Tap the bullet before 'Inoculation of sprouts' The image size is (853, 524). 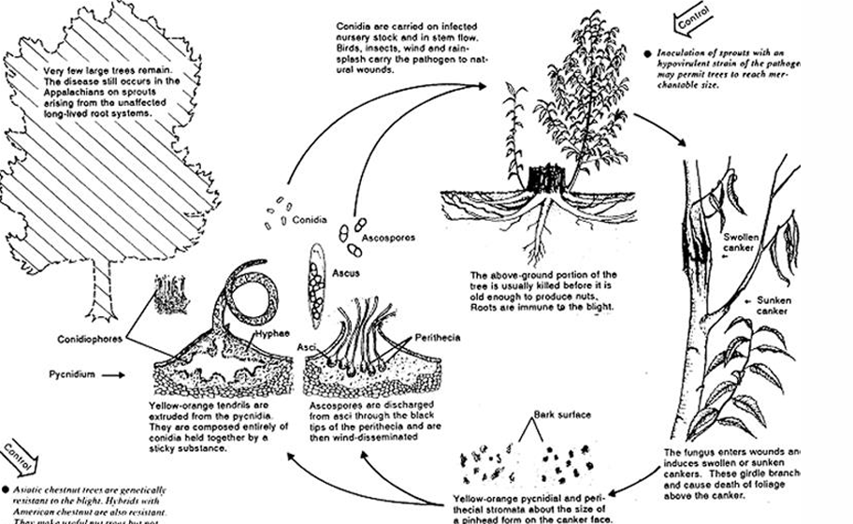(x=647, y=53)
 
